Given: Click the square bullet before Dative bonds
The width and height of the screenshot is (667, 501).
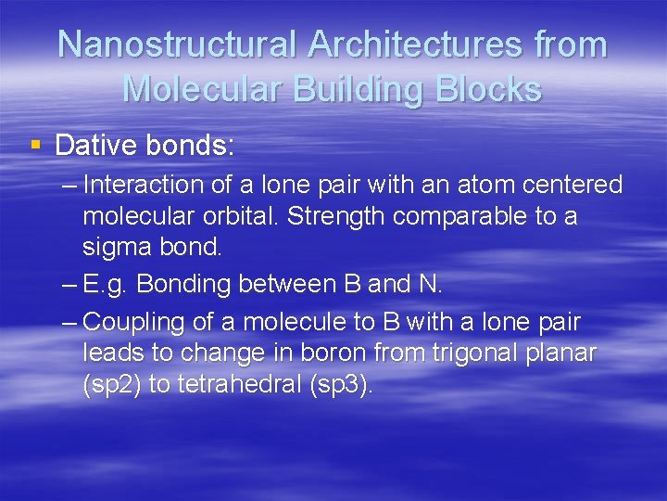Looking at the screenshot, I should pos(36,146).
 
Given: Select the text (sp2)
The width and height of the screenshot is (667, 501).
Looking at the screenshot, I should pos(111,385).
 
